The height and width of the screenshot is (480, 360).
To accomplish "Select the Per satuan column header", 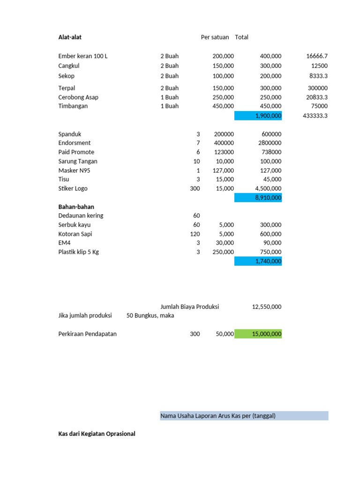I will click(215, 37).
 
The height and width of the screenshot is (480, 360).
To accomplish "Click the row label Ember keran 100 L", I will click(83, 56).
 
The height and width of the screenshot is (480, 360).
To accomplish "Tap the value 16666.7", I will click(317, 56).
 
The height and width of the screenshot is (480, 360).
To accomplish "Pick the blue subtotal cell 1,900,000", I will click(258, 116).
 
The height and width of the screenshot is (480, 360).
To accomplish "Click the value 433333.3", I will click(315, 116).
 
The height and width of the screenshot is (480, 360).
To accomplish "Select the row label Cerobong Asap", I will click(78, 97).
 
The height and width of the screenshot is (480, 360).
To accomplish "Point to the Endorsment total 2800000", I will click(270, 142).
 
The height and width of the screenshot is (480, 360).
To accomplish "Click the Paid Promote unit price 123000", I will click(224, 152).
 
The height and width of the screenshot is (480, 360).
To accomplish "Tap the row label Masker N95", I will click(74, 170).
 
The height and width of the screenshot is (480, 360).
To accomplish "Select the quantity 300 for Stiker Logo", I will click(195, 188).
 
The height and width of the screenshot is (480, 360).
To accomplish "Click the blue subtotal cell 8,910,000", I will click(258, 198).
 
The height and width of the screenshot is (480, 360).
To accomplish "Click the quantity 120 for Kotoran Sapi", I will click(195, 234).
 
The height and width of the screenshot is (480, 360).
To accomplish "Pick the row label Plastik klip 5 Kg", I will click(79, 252).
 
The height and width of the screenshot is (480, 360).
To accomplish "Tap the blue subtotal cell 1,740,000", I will click(258, 261).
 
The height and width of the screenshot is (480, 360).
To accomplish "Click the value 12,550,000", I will click(267, 307).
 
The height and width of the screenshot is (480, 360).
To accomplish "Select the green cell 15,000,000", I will click(258, 334).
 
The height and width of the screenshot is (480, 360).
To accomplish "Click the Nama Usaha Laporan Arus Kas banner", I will click(244, 416).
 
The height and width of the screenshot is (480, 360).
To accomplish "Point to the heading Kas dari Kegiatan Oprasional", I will click(97, 434).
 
